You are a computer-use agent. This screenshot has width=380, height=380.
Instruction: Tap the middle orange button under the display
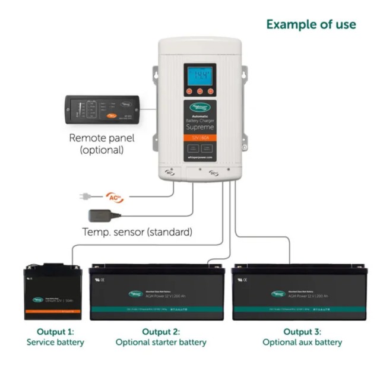tap(200, 92)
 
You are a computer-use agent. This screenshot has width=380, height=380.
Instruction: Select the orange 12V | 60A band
tap(200, 138)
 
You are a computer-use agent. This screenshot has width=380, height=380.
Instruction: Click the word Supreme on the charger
tap(200, 127)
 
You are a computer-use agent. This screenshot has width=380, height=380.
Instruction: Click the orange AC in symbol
tap(114, 196)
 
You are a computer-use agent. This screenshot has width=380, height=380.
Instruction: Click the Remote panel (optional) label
tap(102, 144)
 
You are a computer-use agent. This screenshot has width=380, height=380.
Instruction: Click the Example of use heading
tap(311, 24)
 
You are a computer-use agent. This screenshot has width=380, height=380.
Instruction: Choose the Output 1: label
tap(55, 331)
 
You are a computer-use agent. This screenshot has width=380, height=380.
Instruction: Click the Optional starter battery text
tap(161, 342)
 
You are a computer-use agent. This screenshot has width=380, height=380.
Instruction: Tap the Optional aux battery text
tap(302, 342)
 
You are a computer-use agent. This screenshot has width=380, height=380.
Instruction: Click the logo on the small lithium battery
tap(39, 300)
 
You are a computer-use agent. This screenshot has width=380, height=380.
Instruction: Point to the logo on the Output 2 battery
tap(136, 293)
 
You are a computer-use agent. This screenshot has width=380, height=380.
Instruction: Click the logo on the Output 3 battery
tap(278, 293)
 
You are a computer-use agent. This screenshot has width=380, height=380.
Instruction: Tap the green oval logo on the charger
tap(200, 108)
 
